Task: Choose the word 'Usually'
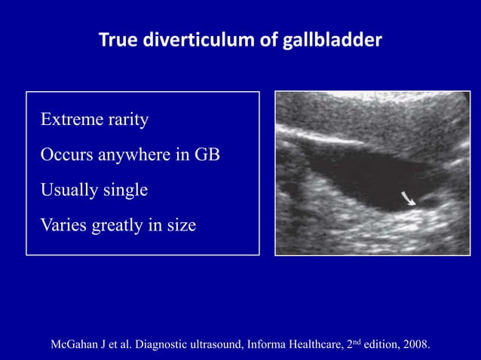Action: click(68, 190)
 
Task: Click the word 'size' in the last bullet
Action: click(182, 224)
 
